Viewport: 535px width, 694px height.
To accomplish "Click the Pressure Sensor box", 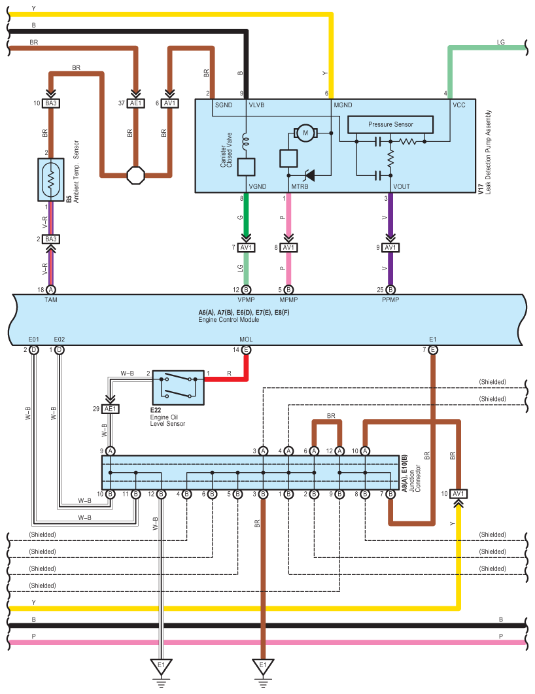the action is [x=390, y=124].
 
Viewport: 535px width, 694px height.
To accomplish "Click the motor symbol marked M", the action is [x=305, y=133].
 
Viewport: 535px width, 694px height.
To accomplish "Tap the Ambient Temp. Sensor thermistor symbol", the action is [x=51, y=180].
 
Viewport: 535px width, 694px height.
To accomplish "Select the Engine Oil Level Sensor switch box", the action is [x=179, y=388].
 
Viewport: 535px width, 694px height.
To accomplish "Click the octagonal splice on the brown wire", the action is [x=136, y=175].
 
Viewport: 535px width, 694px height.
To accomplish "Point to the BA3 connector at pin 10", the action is [x=51, y=103].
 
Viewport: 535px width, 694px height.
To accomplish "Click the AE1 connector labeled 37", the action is [x=136, y=103].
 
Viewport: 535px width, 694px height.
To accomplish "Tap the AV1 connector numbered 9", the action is [x=390, y=247].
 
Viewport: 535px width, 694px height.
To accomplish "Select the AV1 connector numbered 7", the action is [x=246, y=247].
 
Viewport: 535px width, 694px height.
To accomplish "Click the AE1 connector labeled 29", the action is [x=110, y=409].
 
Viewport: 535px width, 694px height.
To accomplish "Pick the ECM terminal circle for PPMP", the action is [x=390, y=290].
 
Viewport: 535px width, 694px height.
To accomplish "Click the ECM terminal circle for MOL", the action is [x=246, y=350].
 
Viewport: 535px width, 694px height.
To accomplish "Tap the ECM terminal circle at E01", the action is [x=33, y=350].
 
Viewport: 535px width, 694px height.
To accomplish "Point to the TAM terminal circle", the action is [x=51, y=290].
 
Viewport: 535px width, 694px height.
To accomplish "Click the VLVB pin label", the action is [x=256, y=105].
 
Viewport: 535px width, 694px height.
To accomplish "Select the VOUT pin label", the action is [x=402, y=187].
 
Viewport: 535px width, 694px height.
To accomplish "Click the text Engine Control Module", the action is [x=229, y=320].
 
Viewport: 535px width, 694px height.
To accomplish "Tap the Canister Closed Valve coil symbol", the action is [x=246, y=141].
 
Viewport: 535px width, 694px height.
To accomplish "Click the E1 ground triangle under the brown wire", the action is [x=263, y=666].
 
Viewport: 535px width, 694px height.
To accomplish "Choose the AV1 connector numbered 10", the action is [x=458, y=494].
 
